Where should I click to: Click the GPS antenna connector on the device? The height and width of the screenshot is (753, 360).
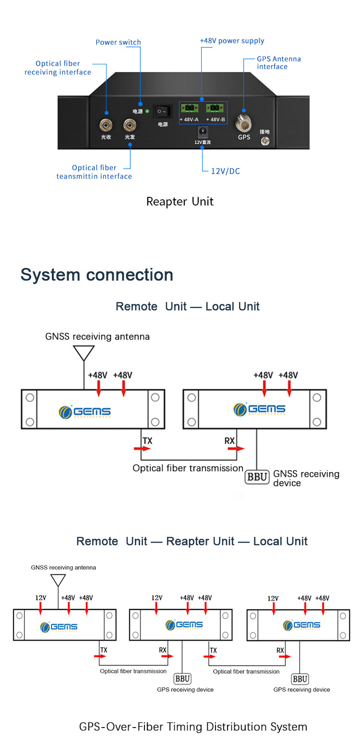(x=244, y=124)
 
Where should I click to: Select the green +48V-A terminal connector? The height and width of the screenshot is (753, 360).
(x=189, y=109)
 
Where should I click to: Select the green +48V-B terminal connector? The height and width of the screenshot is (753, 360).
(x=215, y=109)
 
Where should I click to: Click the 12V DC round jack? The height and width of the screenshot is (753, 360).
(x=202, y=131)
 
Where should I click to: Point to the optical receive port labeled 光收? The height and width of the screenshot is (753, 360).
(x=106, y=125)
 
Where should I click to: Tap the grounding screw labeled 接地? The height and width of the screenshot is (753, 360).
(x=264, y=141)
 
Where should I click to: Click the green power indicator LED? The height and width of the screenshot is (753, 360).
(x=147, y=111)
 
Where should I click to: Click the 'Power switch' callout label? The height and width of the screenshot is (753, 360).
(x=118, y=42)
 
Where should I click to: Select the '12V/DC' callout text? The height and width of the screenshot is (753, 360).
(x=225, y=171)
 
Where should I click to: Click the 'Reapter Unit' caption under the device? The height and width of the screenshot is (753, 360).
(x=180, y=201)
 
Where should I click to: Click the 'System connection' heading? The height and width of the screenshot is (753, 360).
(x=96, y=275)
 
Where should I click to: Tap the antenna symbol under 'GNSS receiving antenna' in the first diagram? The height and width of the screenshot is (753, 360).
(x=84, y=353)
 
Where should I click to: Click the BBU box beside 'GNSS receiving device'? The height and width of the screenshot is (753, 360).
(x=257, y=477)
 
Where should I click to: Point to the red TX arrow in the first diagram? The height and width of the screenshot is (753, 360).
(x=142, y=449)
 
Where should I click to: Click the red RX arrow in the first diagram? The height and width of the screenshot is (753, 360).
(x=236, y=449)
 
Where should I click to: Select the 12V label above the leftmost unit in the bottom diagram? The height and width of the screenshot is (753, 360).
(x=41, y=598)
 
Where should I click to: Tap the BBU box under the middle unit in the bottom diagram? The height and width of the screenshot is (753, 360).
(x=182, y=679)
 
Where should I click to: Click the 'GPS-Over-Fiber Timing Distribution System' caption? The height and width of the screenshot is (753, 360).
(x=193, y=727)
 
